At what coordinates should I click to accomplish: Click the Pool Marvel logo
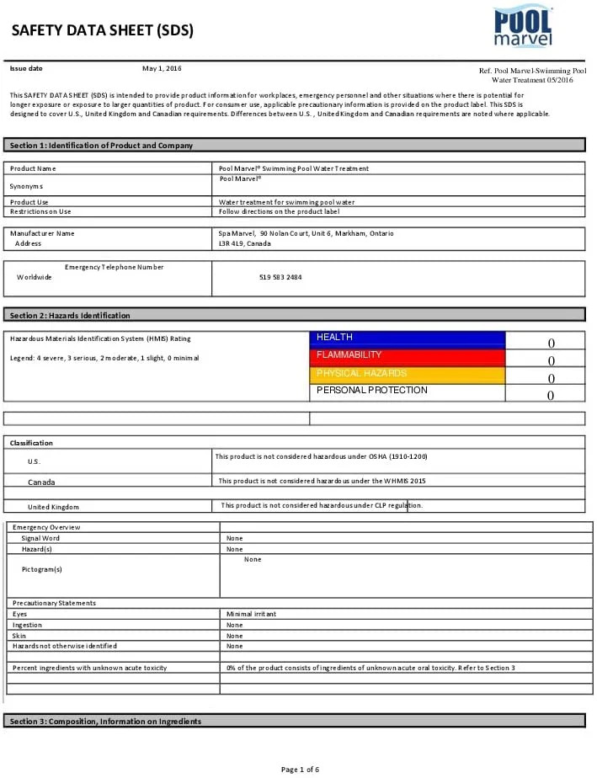tap(523, 27)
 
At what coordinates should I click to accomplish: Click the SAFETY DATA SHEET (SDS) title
tap(103, 31)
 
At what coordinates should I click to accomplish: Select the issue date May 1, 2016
tap(162, 68)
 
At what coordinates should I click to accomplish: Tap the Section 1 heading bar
tap(295, 145)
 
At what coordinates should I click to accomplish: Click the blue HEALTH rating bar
tap(408, 338)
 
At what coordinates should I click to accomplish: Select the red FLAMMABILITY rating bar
tap(408, 356)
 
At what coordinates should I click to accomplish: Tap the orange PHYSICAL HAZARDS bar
tap(408, 374)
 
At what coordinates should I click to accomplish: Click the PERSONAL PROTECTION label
tap(372, 391)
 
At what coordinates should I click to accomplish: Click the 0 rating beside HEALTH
tap(552, 343)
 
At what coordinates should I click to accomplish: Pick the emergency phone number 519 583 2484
tap(280, 277)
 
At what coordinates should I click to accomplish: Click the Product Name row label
tap(34, 168)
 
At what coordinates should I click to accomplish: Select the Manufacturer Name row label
tap(42, 233)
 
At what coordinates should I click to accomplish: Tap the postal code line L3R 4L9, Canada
tap(245, 243)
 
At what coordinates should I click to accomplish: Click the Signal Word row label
tap(40, 538)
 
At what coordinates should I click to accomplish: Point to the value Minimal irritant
tap(251, 614)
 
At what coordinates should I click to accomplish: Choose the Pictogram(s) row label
tap(42, 569)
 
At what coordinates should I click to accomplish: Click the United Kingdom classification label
tap(53, 507)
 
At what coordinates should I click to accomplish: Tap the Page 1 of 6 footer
tap(300, 769)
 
